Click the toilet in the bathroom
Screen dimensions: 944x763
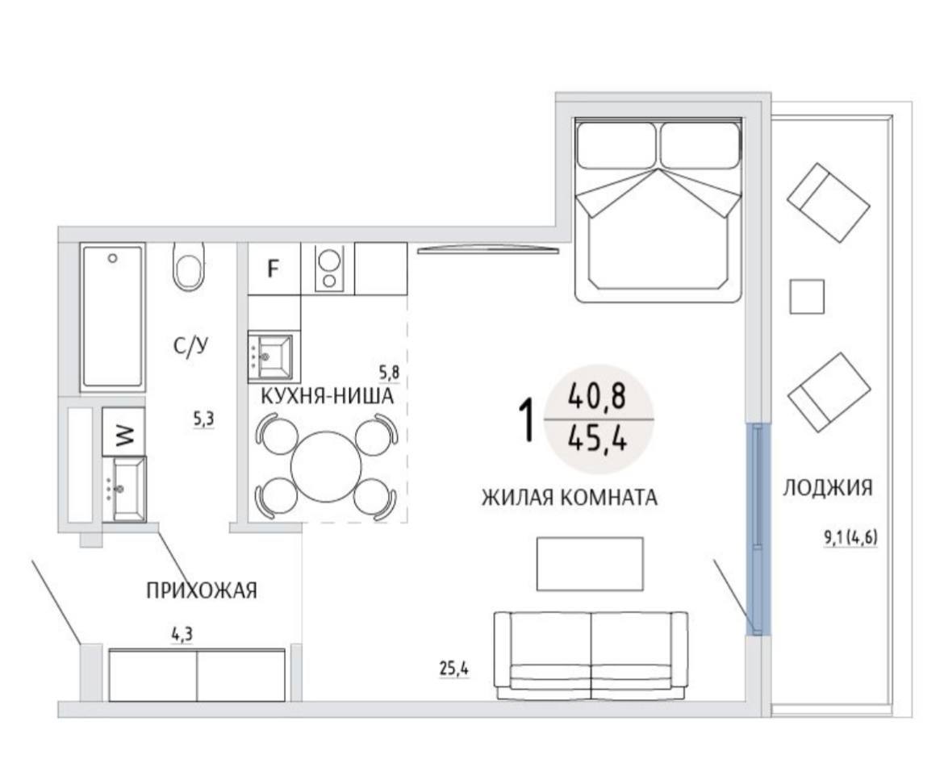pyautogui.click(x=189, y=267)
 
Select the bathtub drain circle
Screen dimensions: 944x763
pyautogui.click(x=112, y=258)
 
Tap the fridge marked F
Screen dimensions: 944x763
pyautogui.click(x=274, y=269)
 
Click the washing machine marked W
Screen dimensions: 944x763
pyautogui.click(x=123, y=432)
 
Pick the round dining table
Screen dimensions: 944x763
pyautogui.click(x=326, y=466)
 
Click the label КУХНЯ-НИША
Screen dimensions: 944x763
pyautogui.click(x=327, y=397)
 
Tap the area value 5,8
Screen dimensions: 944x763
pyautogui.click(x=388, y=373)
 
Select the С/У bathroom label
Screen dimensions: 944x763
pyautogui.click(x=190, y=346)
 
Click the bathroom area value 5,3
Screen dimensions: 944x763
pyautogui.click(x=203, y=419)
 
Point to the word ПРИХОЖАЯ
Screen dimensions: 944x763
pyautogui.click(x=202, y=591)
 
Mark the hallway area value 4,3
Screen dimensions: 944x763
pyautogui.click(x=182, y=634)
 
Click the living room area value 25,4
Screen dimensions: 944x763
pyautogui.click(x=454, y=669)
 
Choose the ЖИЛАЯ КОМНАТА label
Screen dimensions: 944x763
pyautogui.click(x=569, y=498)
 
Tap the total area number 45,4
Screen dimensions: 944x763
pyautogui.click(x=598, y=439)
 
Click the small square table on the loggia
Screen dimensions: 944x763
pyautogui.click(x=807, y=297)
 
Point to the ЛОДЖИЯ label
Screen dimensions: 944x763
pyautogui.click(x=828, y=487)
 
